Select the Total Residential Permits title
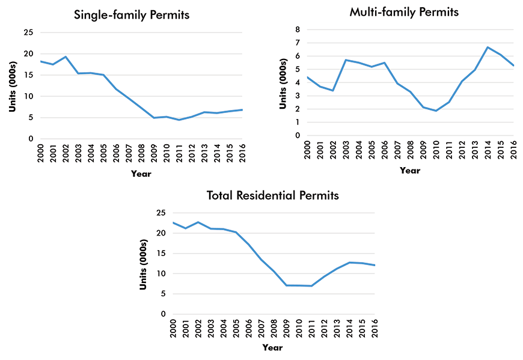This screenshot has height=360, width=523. (272, 195)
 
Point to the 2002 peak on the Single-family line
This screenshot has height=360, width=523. (66, 56)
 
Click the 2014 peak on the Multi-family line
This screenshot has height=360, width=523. (488, 47)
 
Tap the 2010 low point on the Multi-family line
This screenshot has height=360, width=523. (436, 111)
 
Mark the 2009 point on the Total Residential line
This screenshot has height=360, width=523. (287, 285)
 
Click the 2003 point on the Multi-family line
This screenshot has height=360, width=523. (346, 60)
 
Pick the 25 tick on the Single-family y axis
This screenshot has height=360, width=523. (29, 32)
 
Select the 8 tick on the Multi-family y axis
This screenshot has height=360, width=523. (298, 29)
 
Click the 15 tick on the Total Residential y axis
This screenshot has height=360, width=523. (161, 253)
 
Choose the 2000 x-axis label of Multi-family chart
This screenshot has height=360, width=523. (307, 148)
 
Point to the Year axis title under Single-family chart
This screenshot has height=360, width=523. (141, 174)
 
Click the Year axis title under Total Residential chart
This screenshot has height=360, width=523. (272, 347)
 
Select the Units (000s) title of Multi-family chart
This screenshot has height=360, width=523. (283, 82)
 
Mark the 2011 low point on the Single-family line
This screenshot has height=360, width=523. (179, 120)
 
